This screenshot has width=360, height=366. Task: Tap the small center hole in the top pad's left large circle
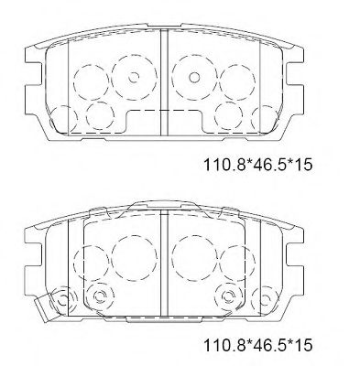tap(126, 77)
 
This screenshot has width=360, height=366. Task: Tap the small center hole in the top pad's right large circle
tap(195, 77)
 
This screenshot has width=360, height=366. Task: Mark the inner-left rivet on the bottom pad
tap(99, 296)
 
